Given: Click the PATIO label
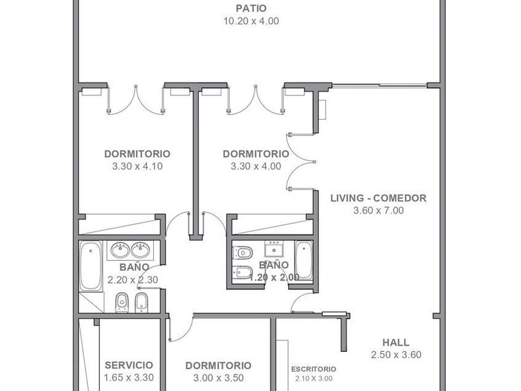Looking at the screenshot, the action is click(x=251, y=8).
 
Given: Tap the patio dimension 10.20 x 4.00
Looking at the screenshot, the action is click(x=251, y=21).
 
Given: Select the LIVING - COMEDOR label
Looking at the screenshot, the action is click(x=378, y=198).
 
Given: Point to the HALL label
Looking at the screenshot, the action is click(x=396, y=343).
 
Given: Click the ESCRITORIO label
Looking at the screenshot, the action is click(x=314, y=369).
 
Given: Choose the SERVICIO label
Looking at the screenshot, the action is click(x=129, y=365).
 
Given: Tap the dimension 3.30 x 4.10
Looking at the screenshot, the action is click(x=137, y=166).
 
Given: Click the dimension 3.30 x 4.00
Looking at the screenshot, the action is click(x=256, y=166).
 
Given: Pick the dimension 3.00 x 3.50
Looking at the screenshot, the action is click(x=218, y=378).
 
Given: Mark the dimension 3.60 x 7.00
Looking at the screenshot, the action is click(x=378, y=210).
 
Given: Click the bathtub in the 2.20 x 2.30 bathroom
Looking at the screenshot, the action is click(x=91, y=266).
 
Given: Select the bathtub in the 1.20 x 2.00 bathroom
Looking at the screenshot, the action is click(x=304, y=260).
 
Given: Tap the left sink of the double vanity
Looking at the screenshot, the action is click(x=120, y=250).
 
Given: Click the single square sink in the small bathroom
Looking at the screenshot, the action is click(x=274, y=249).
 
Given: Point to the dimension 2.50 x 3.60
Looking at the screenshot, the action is click(x=396, y=355).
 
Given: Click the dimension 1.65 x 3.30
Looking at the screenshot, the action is click(x=129, y=378).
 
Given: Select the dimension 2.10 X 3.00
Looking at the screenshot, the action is click(x=314, y=379).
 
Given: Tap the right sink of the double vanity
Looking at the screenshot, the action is click(x=140, y=250).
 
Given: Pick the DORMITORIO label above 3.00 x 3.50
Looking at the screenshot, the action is click(x=218, y=366).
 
